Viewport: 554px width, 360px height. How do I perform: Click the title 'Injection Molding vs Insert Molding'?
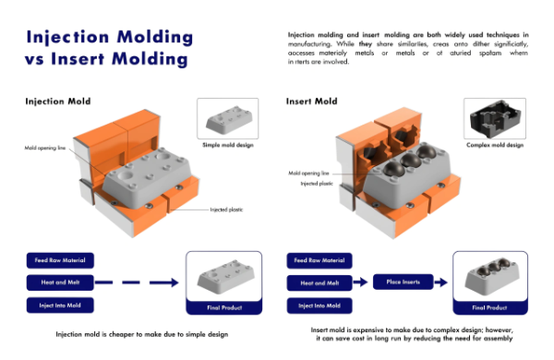click(109, 48)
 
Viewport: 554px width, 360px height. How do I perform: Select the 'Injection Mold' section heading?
click(57, 101)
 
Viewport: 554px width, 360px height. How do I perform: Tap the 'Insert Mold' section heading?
click(312, 101)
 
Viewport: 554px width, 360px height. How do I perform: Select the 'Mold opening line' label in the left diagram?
click(46, 148)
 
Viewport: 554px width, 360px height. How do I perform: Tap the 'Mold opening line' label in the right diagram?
click(310, 173)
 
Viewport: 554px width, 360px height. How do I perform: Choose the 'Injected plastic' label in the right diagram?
click(309, 183)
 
